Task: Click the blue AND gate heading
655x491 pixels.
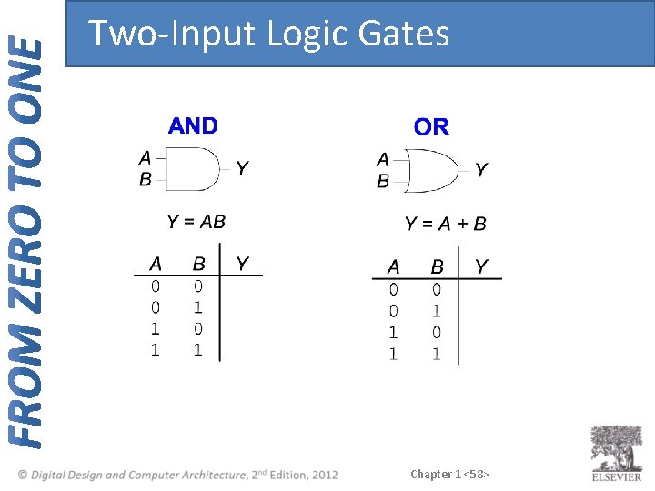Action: tap(193, 125)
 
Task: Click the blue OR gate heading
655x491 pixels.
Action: tap(431, 127)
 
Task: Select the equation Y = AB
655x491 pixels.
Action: tap(196, 221)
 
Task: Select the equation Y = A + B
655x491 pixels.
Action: tap(445, 224)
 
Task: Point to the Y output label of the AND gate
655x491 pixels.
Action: tap(242, 168)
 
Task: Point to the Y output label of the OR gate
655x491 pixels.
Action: tap(481, 170)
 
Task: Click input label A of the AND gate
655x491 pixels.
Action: tap(145, 158)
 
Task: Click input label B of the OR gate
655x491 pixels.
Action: tap(383, 181)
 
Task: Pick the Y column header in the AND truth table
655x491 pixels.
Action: tap(242, 264)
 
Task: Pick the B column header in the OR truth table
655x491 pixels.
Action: tap(437, 267)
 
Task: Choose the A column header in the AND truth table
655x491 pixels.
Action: tap(156, 264)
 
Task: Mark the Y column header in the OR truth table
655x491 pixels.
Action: tap(481, 266)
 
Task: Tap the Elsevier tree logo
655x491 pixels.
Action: tap(617, 447)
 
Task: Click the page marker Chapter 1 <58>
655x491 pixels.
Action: tap(449, 474)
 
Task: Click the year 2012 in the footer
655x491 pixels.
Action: tap(324, 475)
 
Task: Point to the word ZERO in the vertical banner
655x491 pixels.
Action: tap(26, 266)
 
